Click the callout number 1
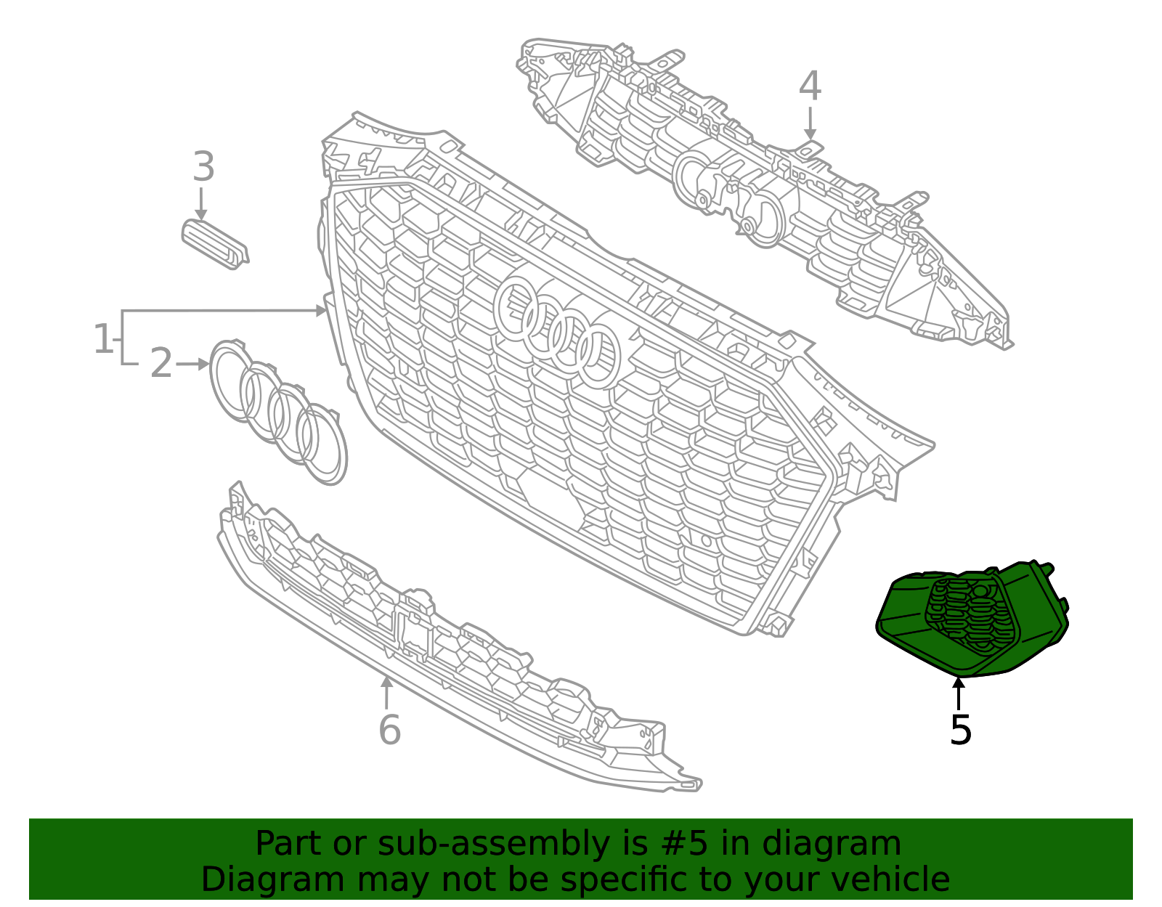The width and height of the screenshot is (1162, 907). pyautogui.click(x=104, y=339)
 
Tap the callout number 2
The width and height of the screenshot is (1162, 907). pyautogui.click(x=161, y=363)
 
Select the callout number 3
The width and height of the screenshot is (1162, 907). pyautogui.click(x=203, y=167)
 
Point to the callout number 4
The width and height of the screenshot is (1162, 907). pyautogui.click(x=810, y=86)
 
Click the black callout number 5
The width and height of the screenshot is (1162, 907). pyautogui.click(x=960, y=729)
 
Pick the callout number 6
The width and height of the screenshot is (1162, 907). pyautogui.click(x=389, y=729)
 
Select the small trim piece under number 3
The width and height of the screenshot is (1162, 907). pyautogui.click(x=214, y=244)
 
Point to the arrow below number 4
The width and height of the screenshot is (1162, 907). pyautogui.click(x=810, y=123)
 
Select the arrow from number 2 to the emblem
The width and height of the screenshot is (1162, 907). pyautogui.click(x=192, y=364)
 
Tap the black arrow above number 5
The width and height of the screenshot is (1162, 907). pyautogui.click(x=959, y=693)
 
